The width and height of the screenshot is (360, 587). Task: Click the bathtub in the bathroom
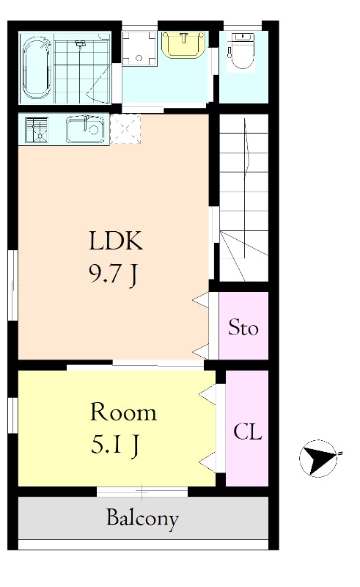click(x=37, y=68)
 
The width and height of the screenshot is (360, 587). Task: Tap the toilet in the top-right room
click(x=240, y=51)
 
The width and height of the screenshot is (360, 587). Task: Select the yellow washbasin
click(x=183, y=45)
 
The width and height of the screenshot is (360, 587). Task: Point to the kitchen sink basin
click(x=85, y=129)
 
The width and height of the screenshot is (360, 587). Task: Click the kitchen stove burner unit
click(x=37, y=130)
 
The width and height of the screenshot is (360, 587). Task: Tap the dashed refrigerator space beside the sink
click(x=125, y=129)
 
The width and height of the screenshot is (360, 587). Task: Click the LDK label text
click(x=116, y=241)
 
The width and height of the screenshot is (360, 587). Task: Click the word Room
click(x=123, y=412)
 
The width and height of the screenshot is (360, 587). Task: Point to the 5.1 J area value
click(x=116, y=445)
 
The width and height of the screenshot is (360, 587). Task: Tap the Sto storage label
click(x=243, y=327)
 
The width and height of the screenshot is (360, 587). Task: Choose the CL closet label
click(x=248, y=431)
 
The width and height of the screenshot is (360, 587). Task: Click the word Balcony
click(x=142, y=519)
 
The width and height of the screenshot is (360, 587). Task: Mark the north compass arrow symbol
click(x=318, y=458)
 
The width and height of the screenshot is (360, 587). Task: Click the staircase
click(x=243, y=197)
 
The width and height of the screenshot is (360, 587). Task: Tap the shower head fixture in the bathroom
click(x=79, y=44)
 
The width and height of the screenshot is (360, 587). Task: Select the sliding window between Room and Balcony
click(x=142, y=492)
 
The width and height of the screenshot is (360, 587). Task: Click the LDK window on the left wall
click(x=13, y=285)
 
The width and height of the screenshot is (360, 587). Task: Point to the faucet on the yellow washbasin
click(x=183, y=37)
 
